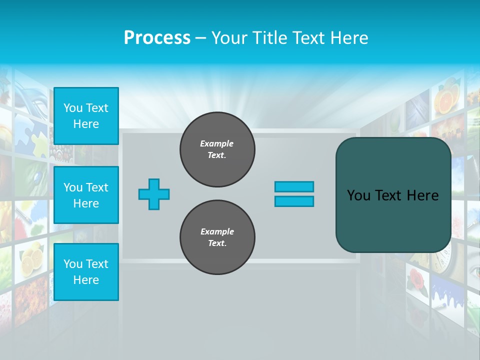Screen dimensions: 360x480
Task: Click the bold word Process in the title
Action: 157,38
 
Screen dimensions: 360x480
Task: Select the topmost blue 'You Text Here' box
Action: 86,116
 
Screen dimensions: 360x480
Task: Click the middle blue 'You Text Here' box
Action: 86,195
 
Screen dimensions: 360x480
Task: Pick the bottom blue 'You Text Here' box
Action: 86,272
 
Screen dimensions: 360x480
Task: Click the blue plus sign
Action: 154,194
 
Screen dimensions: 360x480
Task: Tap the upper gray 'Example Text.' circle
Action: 217,149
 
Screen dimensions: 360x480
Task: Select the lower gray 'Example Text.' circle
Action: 217,237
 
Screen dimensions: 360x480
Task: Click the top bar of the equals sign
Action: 294,186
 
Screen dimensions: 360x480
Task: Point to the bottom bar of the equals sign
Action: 294,201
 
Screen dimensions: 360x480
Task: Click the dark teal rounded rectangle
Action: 393,220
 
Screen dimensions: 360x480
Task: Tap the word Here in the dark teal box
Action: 423,195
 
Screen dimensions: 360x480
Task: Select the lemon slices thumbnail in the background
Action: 31,259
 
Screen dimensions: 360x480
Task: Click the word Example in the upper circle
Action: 217,143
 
